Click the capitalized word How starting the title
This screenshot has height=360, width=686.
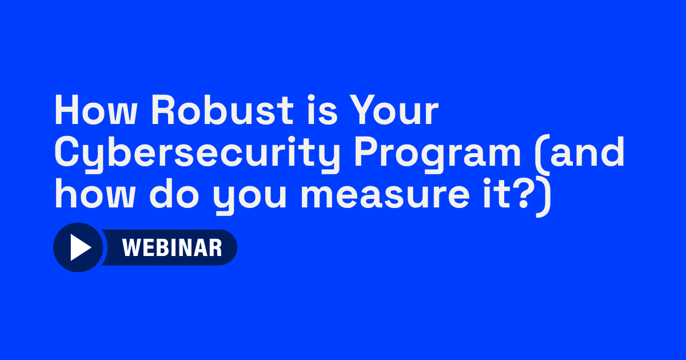point(95,110)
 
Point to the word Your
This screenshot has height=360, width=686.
point(394,110)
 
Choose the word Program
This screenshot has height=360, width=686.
point(437,155)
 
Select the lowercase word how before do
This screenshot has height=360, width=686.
point(95,194)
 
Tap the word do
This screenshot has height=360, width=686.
point(174,194)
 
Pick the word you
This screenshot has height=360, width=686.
point(250,198)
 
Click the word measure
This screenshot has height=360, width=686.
point(385,198)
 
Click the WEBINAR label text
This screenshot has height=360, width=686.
point(172,247)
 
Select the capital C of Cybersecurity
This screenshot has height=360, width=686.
point(69,152)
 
